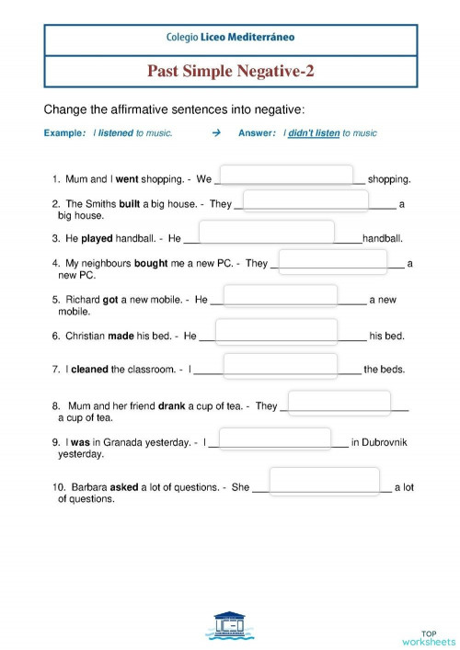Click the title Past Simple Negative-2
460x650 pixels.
click(x=230, y=71)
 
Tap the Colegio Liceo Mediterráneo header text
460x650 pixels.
click(x=230, y=39)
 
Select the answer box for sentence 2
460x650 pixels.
click(x=305, y=200)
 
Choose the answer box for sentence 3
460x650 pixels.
click(x=267, y=232)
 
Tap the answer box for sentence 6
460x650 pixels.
click(x=276, y=331)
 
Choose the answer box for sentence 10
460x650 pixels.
click(x=324, y=482)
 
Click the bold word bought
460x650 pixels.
click(x=151, y=263)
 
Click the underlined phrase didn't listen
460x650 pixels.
click(x=315, y=133)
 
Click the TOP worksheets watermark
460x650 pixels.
click(x=428, y=637)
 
